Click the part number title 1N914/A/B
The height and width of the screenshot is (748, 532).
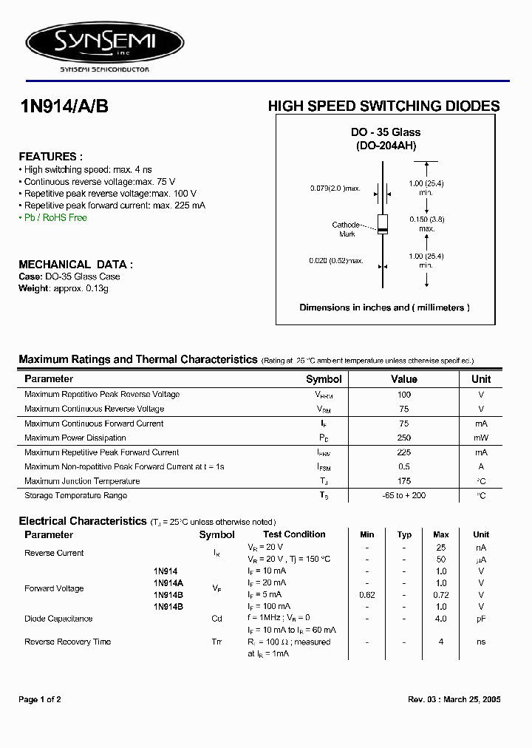coord(64,106)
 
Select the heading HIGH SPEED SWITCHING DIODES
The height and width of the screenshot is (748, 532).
coord(383,106)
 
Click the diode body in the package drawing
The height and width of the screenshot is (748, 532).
coord(382,223)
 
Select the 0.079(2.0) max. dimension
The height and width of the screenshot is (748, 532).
coord(335,188)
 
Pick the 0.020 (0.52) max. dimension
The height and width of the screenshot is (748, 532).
coord(336,261)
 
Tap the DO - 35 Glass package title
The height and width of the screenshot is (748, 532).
coord(385,132)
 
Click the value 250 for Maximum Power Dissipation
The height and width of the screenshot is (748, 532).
coord(403,438)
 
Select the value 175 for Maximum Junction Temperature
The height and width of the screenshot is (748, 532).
coord(403,481)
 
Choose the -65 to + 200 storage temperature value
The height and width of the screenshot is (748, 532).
coord(403,496)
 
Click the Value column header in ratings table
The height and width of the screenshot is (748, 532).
coord(403,379)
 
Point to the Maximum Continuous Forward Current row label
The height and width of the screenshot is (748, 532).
coord(94,424)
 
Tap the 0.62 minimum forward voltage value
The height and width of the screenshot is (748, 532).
coord(367,595)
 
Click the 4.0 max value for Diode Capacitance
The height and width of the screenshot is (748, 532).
coord(440,619)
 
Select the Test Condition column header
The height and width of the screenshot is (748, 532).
coord(294,534)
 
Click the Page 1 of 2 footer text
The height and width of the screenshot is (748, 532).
coord(40,699)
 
